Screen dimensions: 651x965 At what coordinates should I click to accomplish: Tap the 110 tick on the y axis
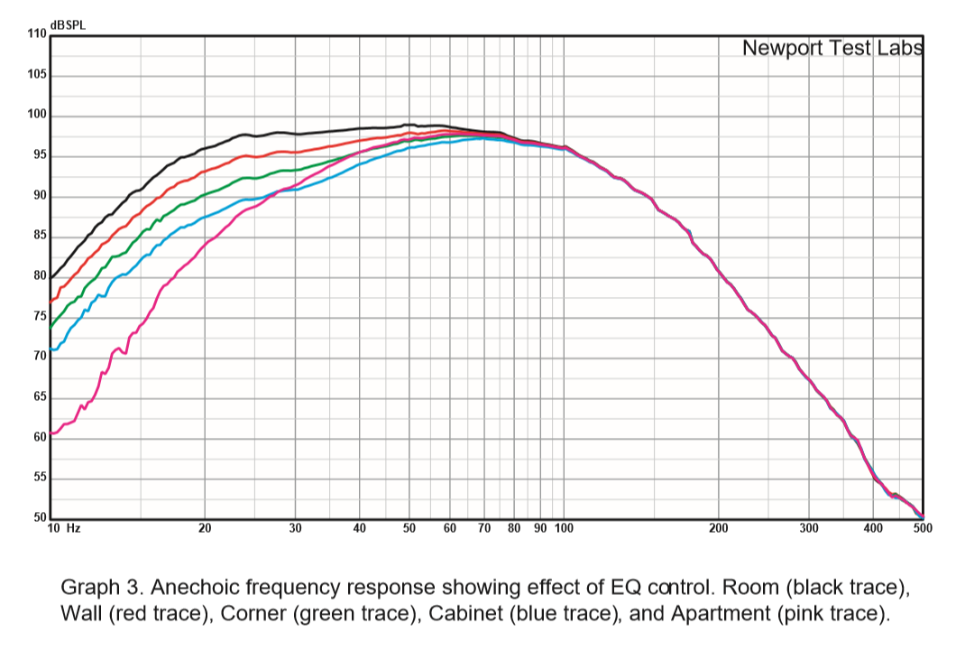click(36, 34)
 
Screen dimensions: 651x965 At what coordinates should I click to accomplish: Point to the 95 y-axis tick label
click(39, 157)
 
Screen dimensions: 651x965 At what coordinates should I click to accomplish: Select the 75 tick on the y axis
click(39, 317)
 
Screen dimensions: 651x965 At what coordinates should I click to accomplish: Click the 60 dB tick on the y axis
click(39, 438)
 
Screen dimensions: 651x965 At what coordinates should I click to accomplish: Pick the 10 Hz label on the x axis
click(63, 528)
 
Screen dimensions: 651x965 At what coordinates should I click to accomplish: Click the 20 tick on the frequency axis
click(205, 528)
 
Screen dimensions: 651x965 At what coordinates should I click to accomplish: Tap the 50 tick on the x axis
click(409, 528)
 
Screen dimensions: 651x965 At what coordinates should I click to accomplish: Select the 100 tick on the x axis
click(564, 528)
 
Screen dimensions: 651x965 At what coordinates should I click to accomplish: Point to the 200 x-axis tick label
click(718, 528)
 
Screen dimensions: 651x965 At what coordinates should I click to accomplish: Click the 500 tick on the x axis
click(922, 528)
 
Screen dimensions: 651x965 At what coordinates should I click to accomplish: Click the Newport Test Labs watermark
click(832, 48)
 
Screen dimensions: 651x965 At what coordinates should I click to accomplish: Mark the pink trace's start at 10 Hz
click(52, 433)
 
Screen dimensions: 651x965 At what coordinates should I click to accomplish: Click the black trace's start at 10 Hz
click(52, 277)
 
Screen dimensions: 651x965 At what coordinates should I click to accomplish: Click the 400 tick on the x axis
click(872, 528)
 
